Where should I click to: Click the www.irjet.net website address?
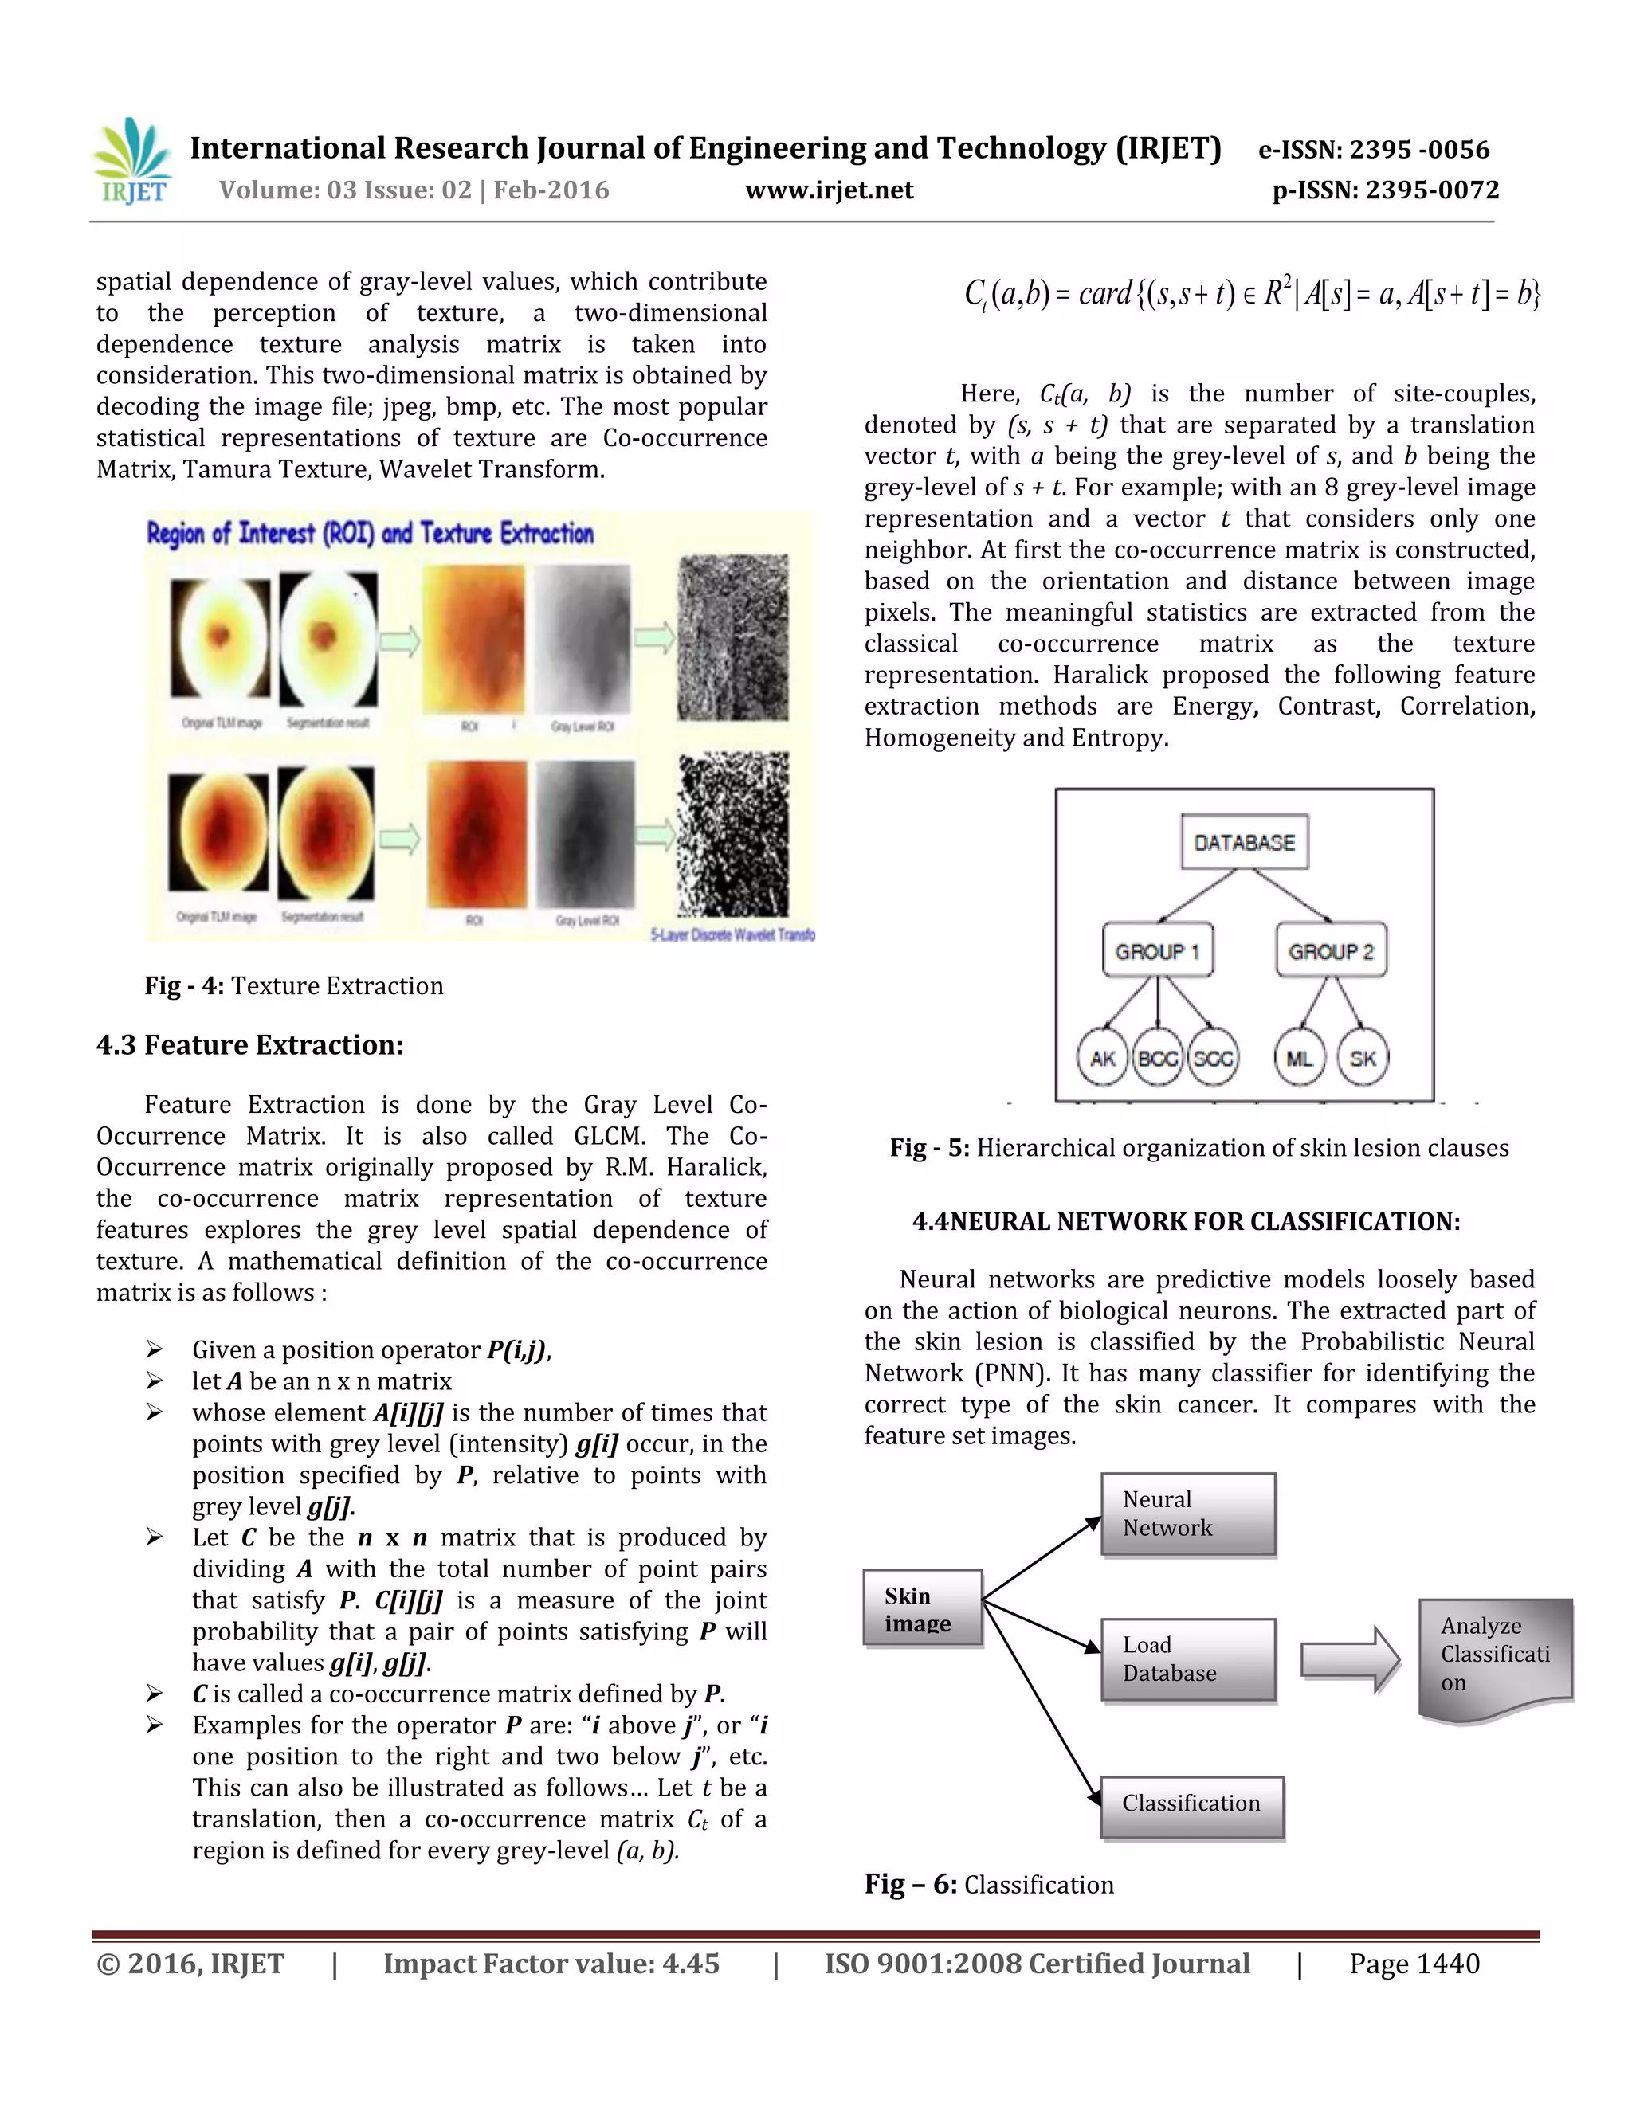829,190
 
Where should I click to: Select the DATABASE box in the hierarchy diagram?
1243,842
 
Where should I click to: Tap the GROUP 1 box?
1157,951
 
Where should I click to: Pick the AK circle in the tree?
1102,1059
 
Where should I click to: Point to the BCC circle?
1157,1059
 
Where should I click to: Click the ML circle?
1300,1059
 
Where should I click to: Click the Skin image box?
922,1608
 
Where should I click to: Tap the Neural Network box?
1188,1514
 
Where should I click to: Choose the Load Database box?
1188,1659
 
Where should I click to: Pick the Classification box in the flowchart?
1192,1804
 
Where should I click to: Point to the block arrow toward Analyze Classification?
1350,1659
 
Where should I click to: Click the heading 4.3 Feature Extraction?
249,1045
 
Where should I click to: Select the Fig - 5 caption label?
929,1147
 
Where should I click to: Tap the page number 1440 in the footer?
1414,1964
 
